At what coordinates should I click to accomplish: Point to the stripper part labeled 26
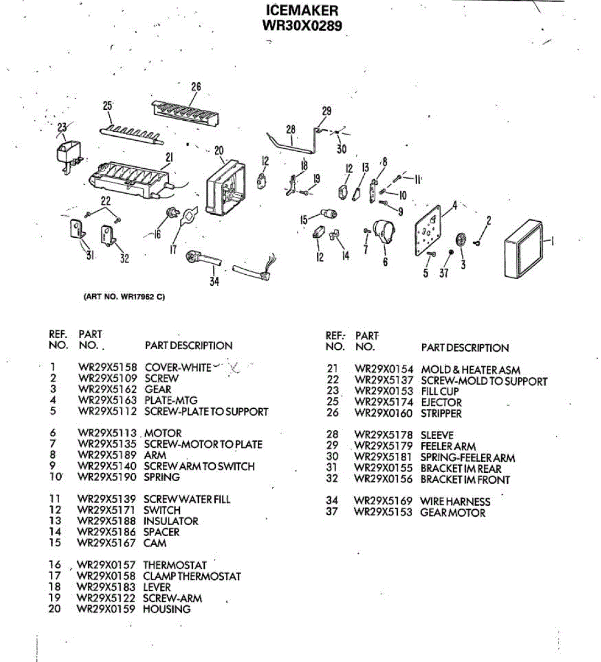[185, 113]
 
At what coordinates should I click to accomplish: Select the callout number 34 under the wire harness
[214, 281]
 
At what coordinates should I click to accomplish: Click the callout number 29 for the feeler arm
[327, 111]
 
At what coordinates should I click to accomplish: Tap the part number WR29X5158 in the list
[107, 367]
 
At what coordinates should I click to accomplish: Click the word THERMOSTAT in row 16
[175, 565]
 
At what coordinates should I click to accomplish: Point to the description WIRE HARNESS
[455, 501]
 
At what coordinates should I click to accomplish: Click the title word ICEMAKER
[302, 10]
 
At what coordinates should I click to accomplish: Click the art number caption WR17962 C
[124, 297]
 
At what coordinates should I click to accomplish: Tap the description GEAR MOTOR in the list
[453, 513]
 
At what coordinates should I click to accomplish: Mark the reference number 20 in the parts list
[55, 609]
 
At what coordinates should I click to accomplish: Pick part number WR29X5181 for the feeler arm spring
[384, 458]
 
